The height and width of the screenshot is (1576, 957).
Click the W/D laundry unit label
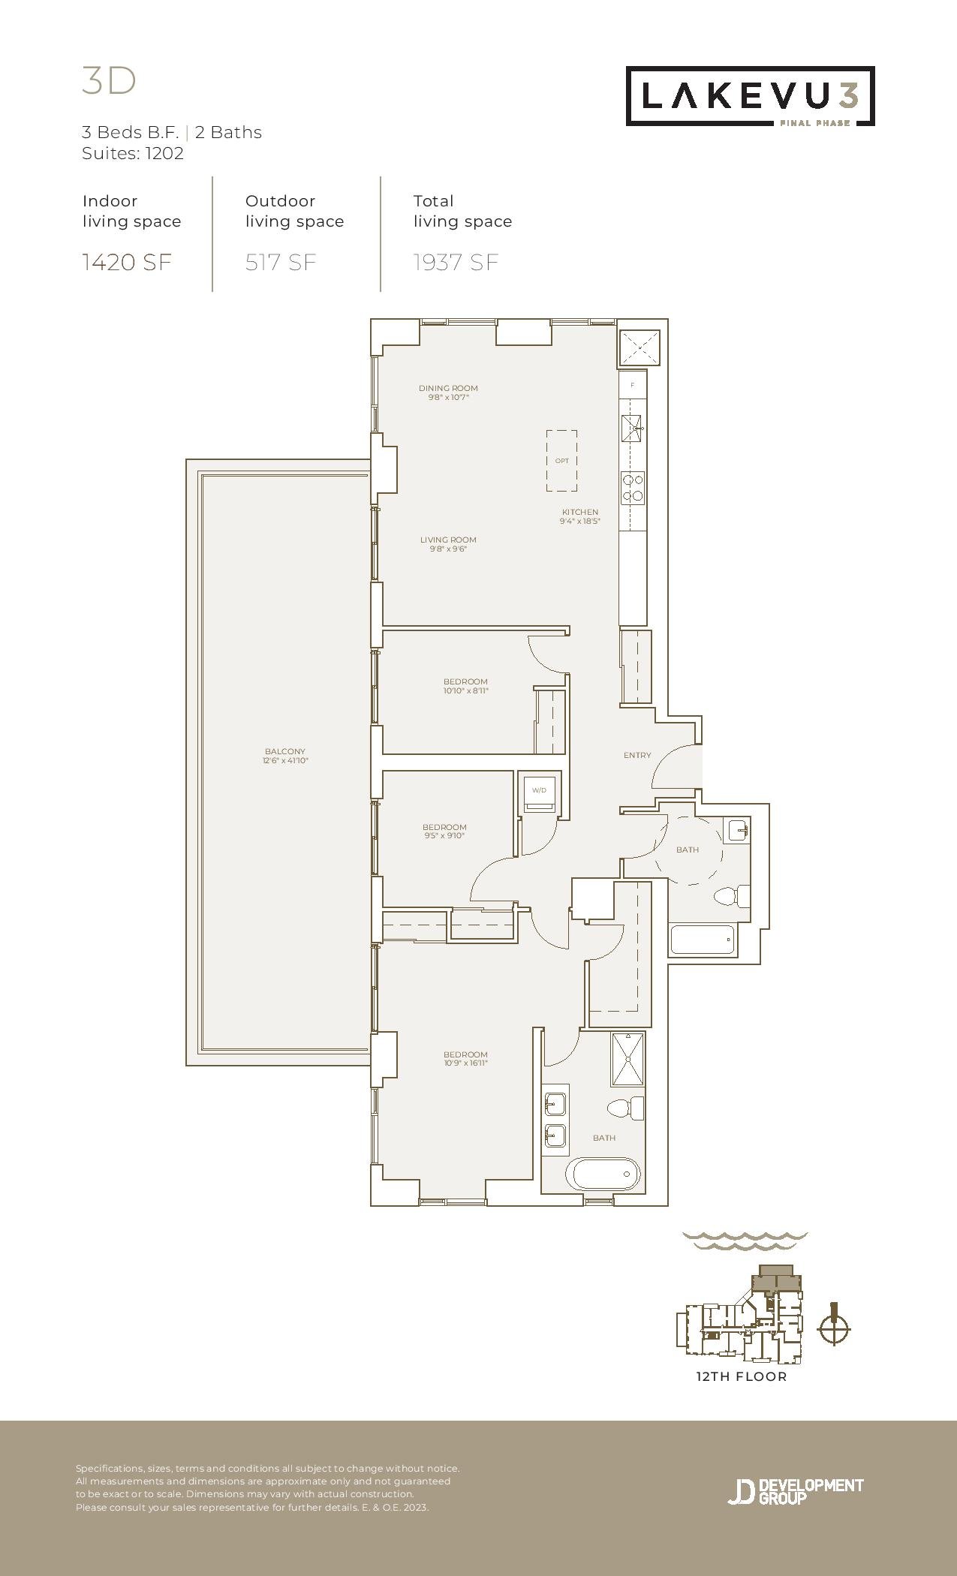click(539, 790)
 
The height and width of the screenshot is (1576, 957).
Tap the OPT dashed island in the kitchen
click(561, 461)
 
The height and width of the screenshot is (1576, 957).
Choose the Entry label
click(637, 755)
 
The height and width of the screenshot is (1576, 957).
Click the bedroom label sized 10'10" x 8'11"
click(465, 686)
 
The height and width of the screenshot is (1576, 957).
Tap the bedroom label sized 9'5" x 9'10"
click(444, 831)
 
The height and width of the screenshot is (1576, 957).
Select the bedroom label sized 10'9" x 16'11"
click(465, 1058)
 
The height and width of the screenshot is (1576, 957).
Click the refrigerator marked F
click(633, 385)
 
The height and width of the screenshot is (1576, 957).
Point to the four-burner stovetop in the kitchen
click(633, 489)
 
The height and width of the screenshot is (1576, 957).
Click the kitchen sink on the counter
click(632, 429)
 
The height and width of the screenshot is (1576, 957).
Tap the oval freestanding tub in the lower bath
click(603, 1174)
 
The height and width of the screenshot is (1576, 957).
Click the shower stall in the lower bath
click(627, 1059)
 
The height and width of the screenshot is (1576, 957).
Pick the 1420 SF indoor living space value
click(127, 262)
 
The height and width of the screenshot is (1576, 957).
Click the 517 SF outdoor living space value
click(281, 262)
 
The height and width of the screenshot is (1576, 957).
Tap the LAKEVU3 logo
click(751, 96)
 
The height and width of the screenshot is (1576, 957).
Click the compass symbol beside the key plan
click(833, 1330)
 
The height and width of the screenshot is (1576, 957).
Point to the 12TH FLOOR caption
click(742, 1376)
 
